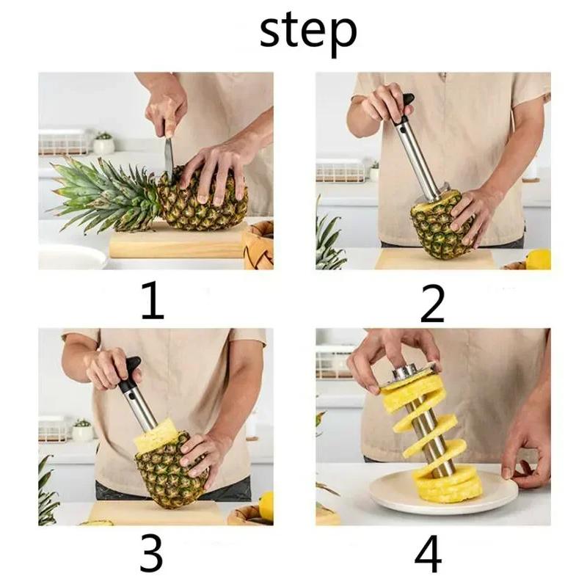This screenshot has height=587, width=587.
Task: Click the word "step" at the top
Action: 307,31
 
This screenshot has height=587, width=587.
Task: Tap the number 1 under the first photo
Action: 152,302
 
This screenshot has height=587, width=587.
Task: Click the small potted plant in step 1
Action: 103,143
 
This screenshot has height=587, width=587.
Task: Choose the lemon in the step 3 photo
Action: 266,506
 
